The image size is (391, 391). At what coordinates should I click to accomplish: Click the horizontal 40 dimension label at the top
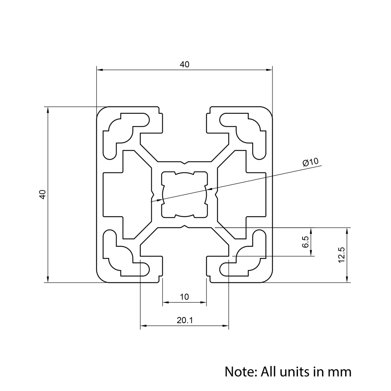click(184, 65)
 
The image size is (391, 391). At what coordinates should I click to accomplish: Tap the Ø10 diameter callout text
click(311, 163)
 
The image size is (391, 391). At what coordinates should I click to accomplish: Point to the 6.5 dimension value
click(305, 242)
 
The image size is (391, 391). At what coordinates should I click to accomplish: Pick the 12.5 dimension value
click(341, 255)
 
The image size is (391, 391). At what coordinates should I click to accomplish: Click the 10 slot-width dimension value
click(184, 297)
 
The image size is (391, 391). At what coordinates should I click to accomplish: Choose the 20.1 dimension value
click(185, 320)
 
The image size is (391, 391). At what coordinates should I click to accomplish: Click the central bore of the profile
click(184, 194)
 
